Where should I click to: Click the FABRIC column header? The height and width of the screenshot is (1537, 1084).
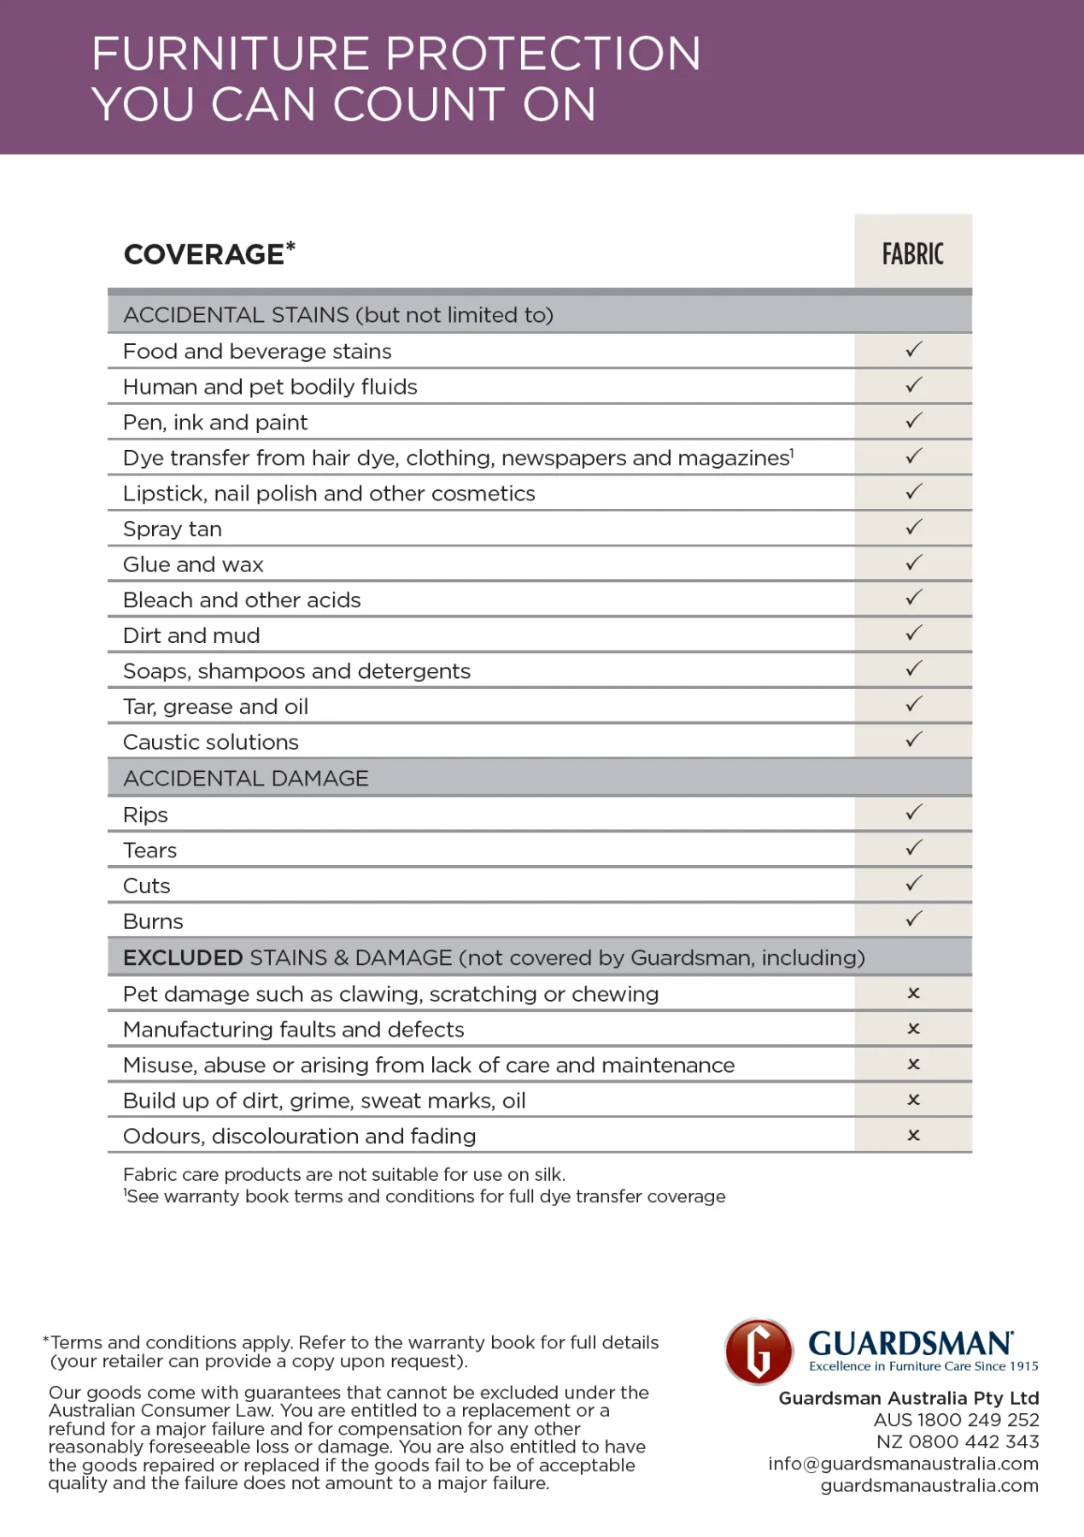click(x=912, y=254)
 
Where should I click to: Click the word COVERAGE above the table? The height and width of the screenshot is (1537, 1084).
click(x=203, y=254)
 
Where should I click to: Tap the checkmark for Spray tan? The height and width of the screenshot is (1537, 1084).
click(x=913, y=528)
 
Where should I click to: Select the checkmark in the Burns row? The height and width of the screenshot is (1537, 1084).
click(x=913, y=920)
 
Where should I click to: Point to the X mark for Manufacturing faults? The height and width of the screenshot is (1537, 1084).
click(x=913, y=1029)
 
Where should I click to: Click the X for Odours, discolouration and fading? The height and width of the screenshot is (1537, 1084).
click(x=913, y=1136)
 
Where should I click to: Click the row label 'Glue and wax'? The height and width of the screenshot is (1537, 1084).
click(x=193, y=564)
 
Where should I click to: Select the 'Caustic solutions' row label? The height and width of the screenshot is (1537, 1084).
click(x=210, y=742)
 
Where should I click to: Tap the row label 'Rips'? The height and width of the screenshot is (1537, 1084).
click(x=145, y=815)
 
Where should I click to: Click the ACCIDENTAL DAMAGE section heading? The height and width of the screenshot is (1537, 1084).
click(x=246, y=778)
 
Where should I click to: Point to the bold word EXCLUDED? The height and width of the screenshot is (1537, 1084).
click(x=183, y=958)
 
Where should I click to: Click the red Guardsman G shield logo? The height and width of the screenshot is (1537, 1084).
click(x=759, y=1352)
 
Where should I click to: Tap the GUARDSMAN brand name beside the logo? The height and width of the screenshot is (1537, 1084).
click(x=910, y=1343)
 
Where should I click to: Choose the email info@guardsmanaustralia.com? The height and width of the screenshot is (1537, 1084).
click(x=903, y=1464)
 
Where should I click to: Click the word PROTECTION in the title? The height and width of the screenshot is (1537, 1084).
click(x=543, y=54)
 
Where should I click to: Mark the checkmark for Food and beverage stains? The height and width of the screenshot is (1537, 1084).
click(x=913, y=350)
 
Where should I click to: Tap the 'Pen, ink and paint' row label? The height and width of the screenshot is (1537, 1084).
click(x=215, y=423)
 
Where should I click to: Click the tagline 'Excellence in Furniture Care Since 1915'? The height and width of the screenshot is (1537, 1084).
click(x=923, y=1366)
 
